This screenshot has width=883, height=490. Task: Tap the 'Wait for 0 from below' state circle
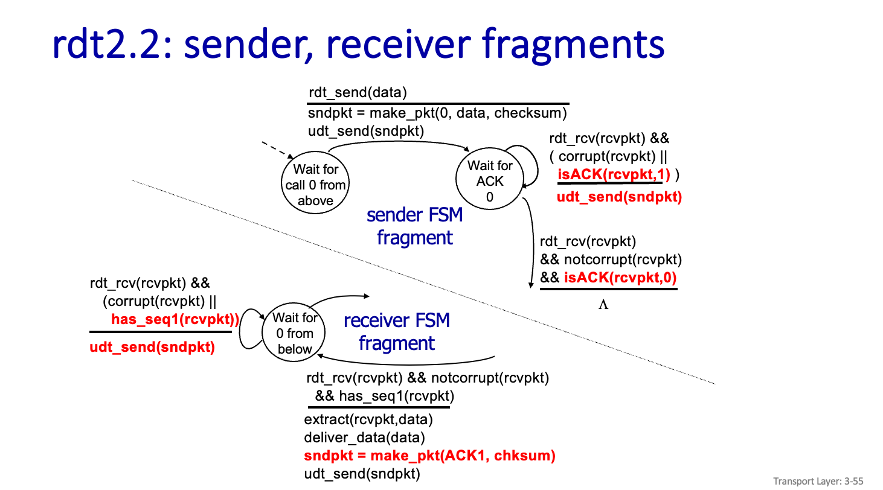point(295,333)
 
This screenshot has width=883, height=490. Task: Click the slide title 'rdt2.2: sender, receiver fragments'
point(359,43)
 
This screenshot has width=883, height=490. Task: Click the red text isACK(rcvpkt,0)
point(620,278)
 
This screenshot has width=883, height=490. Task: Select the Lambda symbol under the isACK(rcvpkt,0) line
point(603,305)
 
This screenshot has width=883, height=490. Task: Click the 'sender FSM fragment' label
point(414,226)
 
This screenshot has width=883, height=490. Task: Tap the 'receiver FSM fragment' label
point(397,331)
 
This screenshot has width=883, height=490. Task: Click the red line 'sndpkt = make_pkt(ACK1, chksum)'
point(429,456)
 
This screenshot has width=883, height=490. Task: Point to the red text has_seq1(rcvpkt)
point(175,319)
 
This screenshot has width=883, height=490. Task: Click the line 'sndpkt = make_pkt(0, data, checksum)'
point(438,113)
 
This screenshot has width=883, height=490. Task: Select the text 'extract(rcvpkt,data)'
point(368,419)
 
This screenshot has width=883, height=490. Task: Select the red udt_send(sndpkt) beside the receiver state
point(152,347)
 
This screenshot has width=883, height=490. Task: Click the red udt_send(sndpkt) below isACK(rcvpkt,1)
point(619,197)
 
